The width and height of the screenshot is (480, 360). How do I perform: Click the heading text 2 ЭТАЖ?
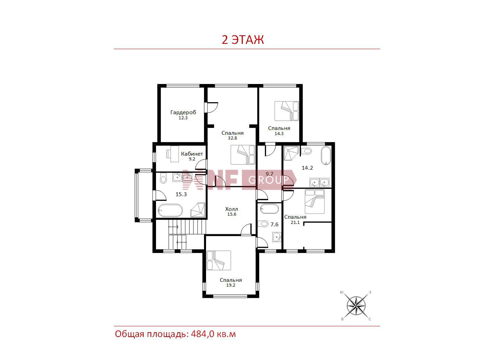coord(243,40)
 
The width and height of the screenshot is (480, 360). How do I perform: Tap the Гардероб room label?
coord(183,112)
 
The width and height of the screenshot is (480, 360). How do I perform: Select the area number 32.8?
coord(232,138)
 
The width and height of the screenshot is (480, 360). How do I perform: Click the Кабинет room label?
coord(192,154)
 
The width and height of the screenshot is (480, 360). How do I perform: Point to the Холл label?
coord(231,209)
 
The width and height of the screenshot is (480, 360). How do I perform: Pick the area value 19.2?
coord(231,285)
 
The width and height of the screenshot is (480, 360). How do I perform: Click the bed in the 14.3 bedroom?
coord(287,111)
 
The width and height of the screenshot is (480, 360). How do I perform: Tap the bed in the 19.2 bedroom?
coord(219,260)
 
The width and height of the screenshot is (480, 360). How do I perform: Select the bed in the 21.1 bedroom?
coord(314,202)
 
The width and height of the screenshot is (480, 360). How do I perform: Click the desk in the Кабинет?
coord(173,154)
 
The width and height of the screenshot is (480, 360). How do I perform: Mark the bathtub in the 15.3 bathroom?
coord(170,211)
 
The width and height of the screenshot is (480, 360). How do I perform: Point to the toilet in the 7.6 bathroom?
coord(263,224)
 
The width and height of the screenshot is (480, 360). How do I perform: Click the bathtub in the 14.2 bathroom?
coord(326,155)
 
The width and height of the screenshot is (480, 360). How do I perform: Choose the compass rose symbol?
coord(356,305)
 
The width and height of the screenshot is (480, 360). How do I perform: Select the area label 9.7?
coord(269,174)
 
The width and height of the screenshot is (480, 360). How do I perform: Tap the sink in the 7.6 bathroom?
coord(277,237)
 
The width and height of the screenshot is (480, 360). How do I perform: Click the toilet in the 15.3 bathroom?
coord(163,178)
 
